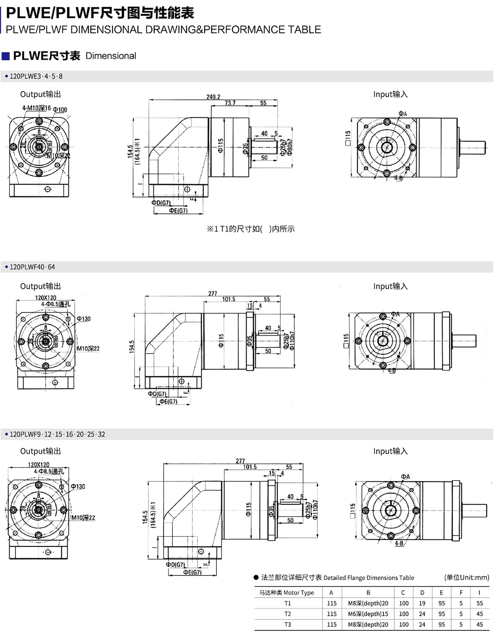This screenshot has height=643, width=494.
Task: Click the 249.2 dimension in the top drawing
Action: click(213, 97)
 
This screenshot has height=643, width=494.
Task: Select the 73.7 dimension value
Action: click(230, 103)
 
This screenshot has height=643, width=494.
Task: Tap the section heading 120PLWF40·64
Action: click(32, 267)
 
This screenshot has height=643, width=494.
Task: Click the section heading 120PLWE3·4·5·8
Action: click(36, 76)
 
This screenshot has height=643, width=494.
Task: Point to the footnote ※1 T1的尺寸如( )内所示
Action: click(251, 229)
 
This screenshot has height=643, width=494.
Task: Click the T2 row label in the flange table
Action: click(288, 614)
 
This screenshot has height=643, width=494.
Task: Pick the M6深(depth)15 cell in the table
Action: click(368, 614)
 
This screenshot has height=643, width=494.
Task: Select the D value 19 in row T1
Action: click(422, 604)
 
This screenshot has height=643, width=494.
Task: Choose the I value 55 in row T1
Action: click(479, 604)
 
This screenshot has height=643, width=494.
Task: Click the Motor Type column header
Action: click(286, 593)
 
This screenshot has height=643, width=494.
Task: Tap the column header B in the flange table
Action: click(368, 593)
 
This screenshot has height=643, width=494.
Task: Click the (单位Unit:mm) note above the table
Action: click(466, 578)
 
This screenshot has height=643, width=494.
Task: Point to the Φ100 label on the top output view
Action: click(60, 110)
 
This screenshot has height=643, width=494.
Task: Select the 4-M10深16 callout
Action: click(36, 108)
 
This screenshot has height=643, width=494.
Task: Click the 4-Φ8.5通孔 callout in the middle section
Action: click(56, 304)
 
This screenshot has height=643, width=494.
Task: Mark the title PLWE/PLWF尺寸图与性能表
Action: click(100, 13)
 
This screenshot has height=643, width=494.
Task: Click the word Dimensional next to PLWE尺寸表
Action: click(111, 56)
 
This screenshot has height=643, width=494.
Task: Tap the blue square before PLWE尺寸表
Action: click(6, 56)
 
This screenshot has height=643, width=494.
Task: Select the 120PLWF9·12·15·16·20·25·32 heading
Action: click(57, 435)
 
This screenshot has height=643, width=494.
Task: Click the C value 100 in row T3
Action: click(403, 625)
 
